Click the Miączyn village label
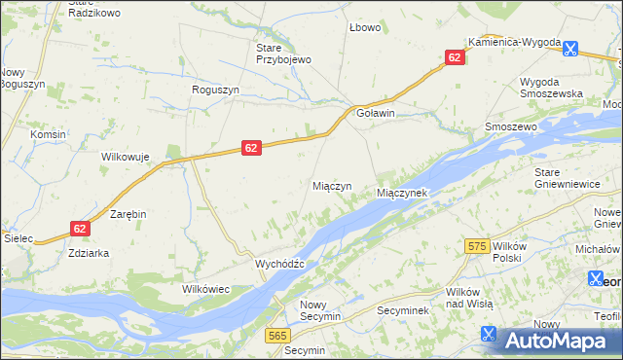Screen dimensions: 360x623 coord(332,186)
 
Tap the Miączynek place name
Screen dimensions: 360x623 coord(402,194)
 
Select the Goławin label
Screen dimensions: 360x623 coord(376,113)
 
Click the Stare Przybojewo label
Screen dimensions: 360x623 coord(282,54)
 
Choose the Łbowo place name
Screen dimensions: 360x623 coord(365,27)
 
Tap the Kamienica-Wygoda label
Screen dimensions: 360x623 coord(514,43)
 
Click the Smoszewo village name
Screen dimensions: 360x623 coord(511,127)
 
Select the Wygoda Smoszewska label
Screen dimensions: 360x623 coord(551,87)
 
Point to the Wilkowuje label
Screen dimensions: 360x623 coord(125,157)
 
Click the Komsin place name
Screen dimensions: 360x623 coord(48,134)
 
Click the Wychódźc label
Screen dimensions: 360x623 coord(279,264)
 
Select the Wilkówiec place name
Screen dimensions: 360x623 coord(205,289)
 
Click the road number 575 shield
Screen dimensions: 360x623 coord(476,248)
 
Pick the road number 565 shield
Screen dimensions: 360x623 coord(277,335)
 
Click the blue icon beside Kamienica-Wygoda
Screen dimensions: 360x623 coord(570,46)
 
